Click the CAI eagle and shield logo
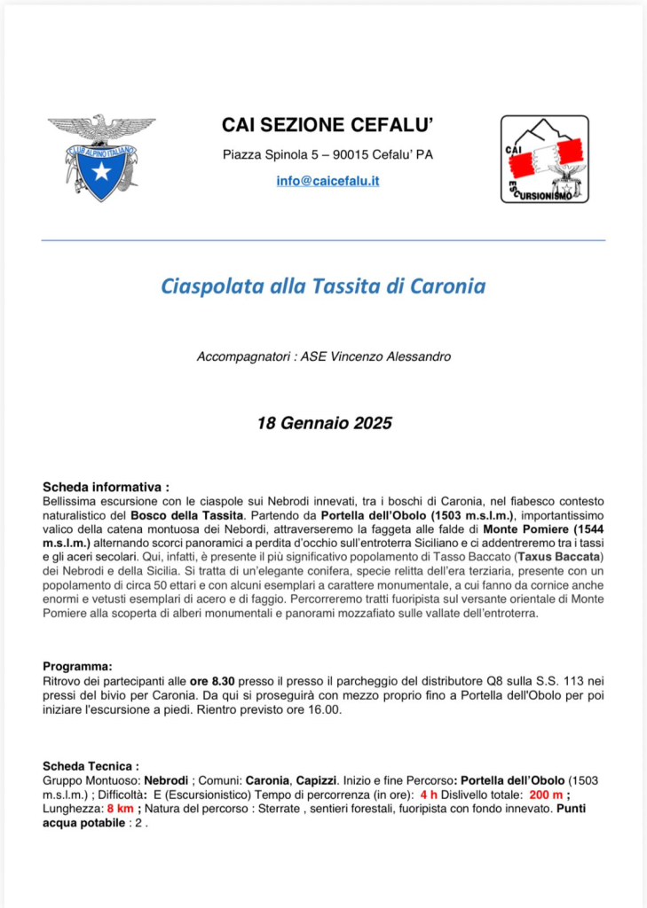point(100,156)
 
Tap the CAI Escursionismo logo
point(544,158)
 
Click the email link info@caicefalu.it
point(327,181)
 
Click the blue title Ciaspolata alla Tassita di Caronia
point(323,286)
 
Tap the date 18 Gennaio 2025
point(324,423)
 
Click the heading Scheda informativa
point(105,487)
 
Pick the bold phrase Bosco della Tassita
point(187,514)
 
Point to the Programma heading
point(77,666)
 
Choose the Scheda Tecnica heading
point(91,765)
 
